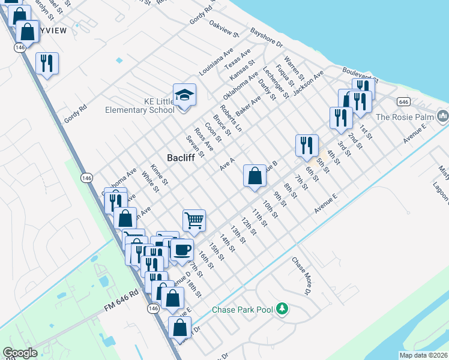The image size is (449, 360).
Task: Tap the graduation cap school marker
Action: (x=184, y=95)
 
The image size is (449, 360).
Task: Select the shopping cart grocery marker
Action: (x=194, y=220)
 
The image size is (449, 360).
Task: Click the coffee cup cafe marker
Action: (x=181, y=250)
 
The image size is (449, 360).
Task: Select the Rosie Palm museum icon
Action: (x=443, y=114)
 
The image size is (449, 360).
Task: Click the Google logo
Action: (x=20, y=353)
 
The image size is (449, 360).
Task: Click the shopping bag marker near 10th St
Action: (x=255, y=176)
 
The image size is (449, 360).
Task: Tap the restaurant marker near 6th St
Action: (x=307, y=145)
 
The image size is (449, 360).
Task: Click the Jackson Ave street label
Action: (x=309, y=82)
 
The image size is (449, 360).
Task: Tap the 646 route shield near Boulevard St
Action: (x=403, y=101)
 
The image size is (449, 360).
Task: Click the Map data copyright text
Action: (x=423, y=355)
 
